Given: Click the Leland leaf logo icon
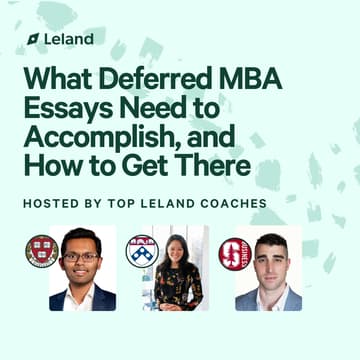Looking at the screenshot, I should (x=32, y=39).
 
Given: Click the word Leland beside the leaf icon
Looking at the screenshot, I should (x=68, y=39).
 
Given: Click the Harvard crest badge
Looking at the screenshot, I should (x=42, y=250).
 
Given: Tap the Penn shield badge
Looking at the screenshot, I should (x=142, y=251).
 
